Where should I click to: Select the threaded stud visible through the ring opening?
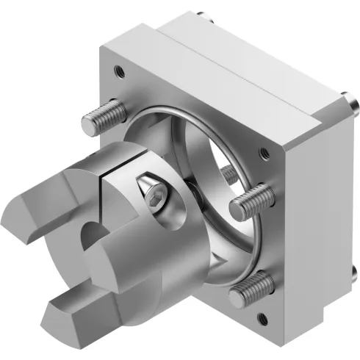pos(229,174)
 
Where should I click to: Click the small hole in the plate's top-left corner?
pos(118,71)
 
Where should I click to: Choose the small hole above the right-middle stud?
pos(262,154)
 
